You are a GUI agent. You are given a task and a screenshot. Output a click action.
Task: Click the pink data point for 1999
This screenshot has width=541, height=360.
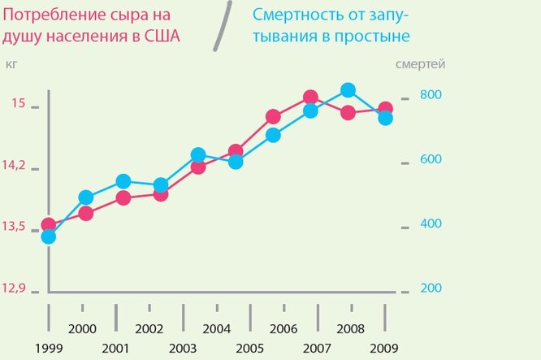48,225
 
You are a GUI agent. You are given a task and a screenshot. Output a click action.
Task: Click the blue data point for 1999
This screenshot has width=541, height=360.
48,236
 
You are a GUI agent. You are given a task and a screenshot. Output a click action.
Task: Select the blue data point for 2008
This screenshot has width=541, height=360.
348,90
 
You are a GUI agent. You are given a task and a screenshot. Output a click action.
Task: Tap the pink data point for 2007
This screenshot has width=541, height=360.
309,98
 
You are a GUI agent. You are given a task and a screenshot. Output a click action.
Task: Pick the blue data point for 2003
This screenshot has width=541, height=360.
197,154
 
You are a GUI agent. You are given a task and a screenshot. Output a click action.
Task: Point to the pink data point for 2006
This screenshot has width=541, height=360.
273,117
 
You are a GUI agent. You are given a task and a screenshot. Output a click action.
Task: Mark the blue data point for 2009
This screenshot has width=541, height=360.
385,119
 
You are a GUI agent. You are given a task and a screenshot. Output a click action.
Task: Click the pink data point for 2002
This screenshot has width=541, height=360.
160,194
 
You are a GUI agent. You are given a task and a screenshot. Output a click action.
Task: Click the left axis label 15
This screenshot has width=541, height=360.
19,104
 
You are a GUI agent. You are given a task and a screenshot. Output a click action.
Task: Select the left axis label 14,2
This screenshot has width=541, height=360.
15,165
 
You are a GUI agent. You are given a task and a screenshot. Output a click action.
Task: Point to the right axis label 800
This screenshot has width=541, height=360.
431,94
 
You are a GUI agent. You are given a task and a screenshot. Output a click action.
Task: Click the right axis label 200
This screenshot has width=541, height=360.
431,288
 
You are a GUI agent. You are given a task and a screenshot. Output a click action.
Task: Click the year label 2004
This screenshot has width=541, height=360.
215,329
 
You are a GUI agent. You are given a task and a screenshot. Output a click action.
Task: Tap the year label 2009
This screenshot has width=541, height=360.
384,349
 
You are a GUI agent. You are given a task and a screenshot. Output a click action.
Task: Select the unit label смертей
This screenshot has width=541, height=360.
420,63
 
